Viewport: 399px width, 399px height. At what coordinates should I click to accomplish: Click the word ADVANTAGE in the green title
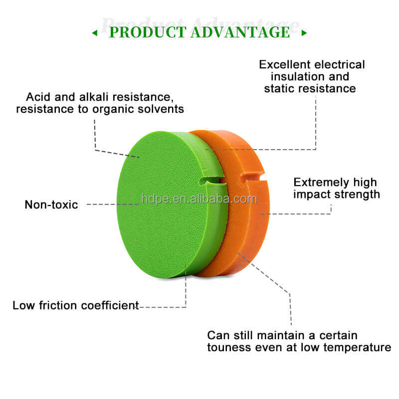click(241, 32)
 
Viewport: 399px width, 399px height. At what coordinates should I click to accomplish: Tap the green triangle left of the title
click(95, 33)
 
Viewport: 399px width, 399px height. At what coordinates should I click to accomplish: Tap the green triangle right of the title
click(304, 33)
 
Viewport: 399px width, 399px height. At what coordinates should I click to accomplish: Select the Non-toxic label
click(51, 204)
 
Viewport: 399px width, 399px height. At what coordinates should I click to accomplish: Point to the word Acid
click(38, 97)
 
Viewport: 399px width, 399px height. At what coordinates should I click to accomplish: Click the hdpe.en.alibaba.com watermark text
click(199, 199)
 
